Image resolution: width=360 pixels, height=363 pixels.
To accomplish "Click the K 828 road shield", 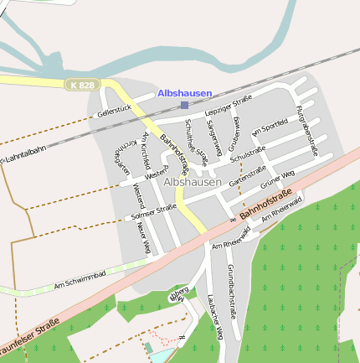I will [x=83, y=85].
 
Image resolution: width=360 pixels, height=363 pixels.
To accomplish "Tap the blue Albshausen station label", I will [x=184, y=93].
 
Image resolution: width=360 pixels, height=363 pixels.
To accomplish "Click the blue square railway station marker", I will [x=184, y=105].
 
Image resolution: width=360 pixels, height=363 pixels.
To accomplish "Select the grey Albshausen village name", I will [x=193, y=181].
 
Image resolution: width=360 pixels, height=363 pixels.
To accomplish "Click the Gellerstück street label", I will [x=115, y=110].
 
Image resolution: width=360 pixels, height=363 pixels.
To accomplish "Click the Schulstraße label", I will [x=248, y=153].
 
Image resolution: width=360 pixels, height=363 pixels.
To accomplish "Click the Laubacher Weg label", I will [x=213, y=319].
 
